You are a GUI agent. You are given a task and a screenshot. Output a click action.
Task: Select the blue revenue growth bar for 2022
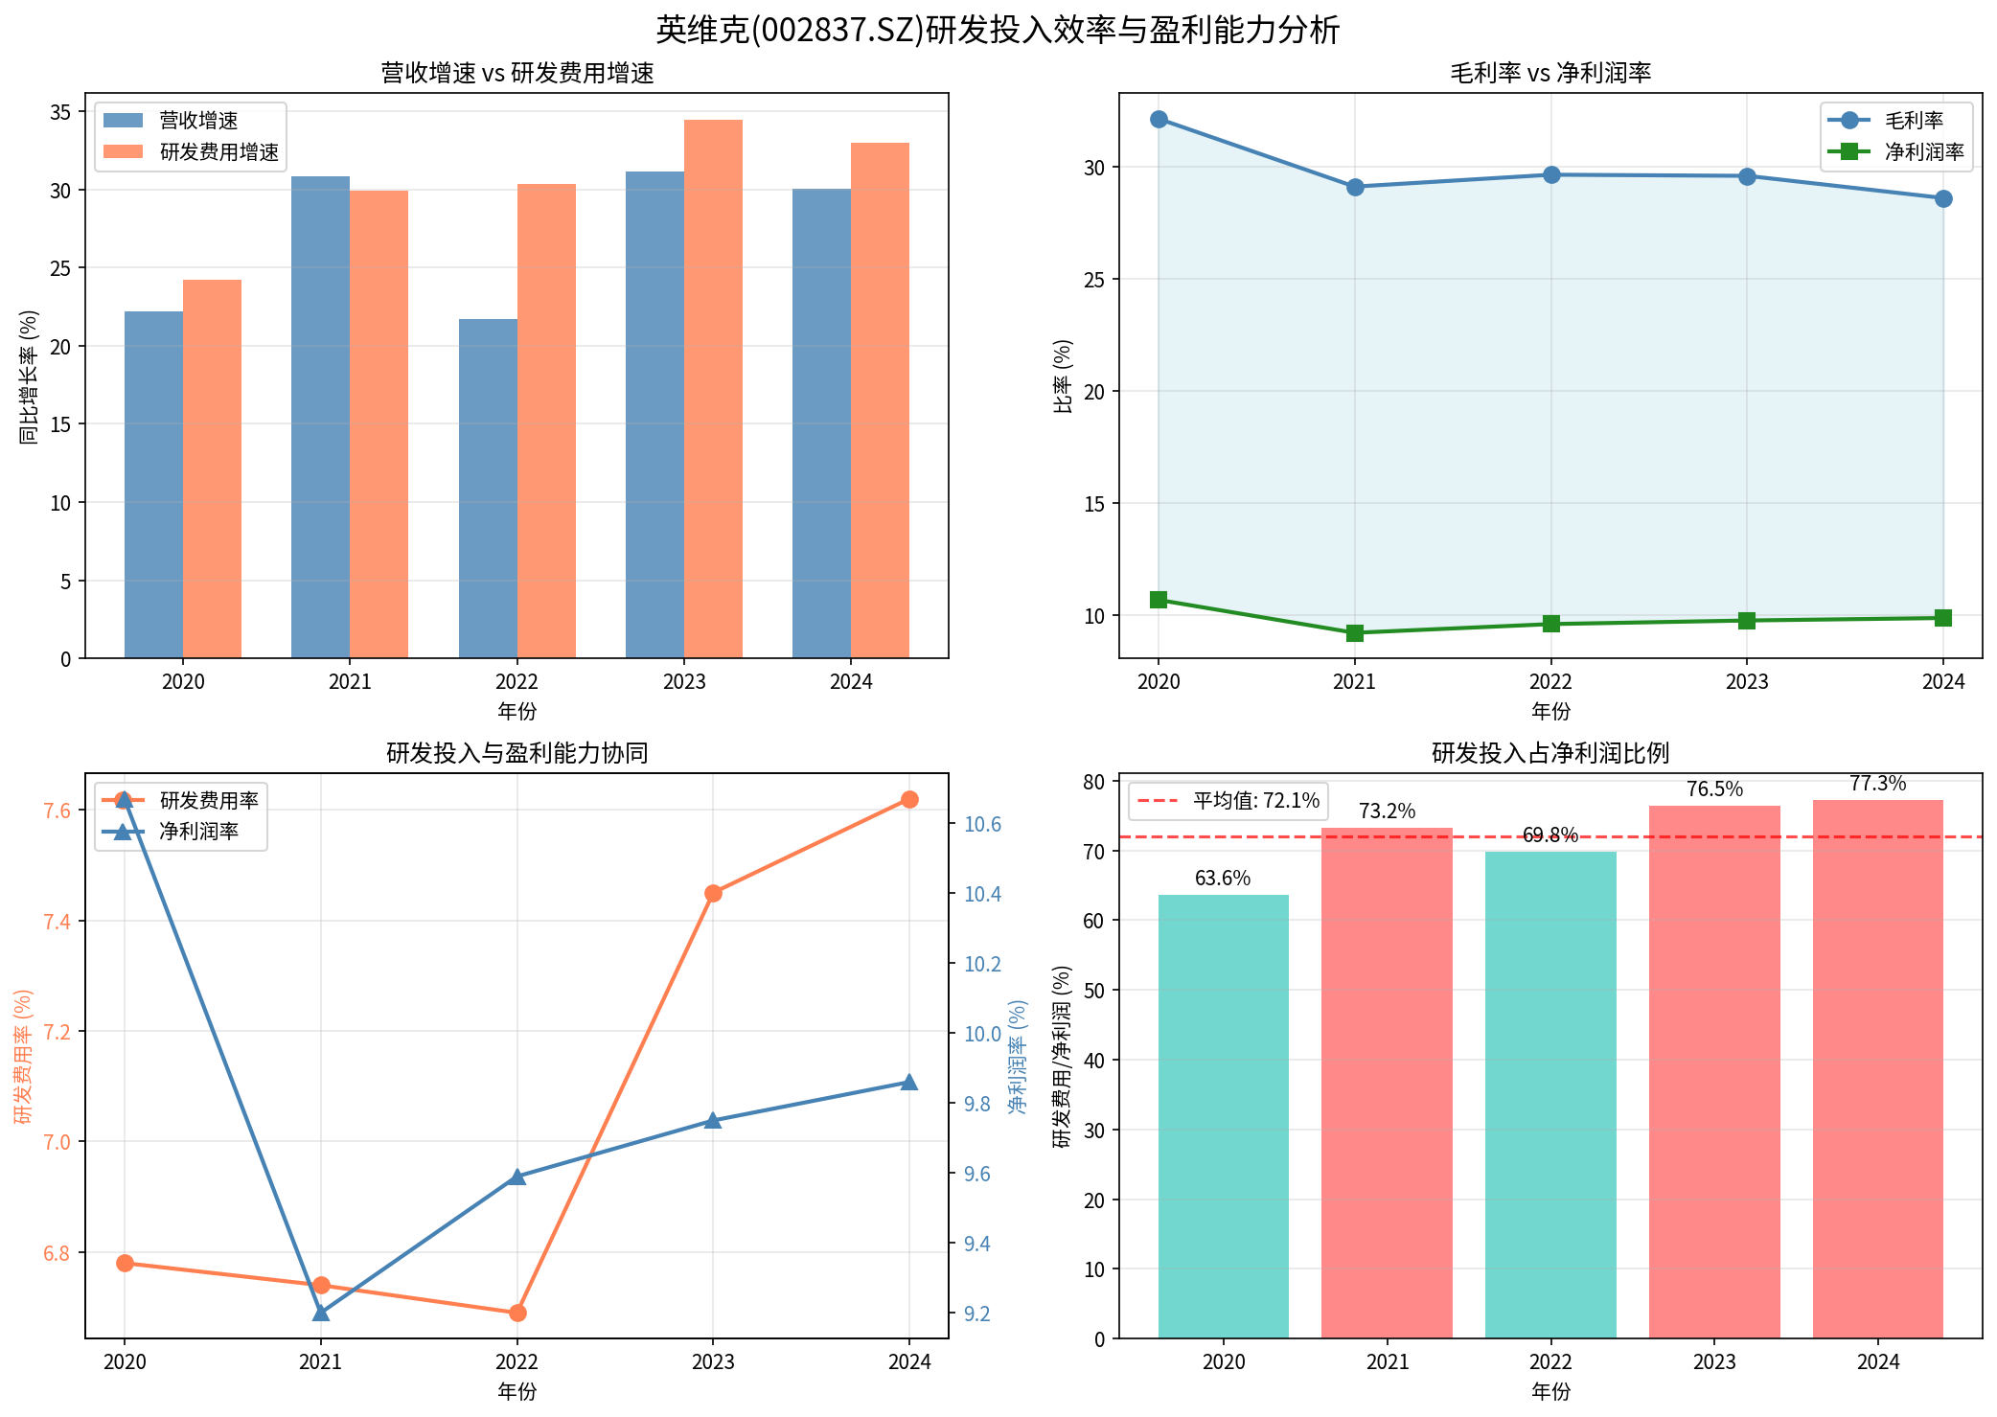coord(488,489)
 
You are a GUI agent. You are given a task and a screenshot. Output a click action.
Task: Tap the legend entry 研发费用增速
coord(218,152)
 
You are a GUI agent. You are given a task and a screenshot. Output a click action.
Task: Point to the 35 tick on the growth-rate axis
coord(60,113)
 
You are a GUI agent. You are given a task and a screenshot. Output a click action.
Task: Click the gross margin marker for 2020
coord(1159,120)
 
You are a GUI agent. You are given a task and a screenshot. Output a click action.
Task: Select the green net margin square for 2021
coord(1355,633)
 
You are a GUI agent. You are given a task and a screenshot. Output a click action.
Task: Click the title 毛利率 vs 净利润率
coord(1550,73)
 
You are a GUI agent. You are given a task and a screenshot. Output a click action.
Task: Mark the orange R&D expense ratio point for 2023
coord(713,894)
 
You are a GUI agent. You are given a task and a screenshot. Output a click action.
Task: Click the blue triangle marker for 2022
coord(517,1177)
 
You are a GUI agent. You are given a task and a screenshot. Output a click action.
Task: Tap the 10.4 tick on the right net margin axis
coord(982,895)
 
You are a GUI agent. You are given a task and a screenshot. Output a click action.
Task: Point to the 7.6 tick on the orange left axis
coord(57,811)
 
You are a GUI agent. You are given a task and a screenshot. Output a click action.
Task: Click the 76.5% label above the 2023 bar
coord(1714,789)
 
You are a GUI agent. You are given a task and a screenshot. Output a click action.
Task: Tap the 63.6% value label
coord(1223,879)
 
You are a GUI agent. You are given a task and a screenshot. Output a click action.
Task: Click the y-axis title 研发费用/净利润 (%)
coord(1062,1056)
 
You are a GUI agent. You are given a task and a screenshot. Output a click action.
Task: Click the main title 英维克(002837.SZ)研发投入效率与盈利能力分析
coord(998,30)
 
